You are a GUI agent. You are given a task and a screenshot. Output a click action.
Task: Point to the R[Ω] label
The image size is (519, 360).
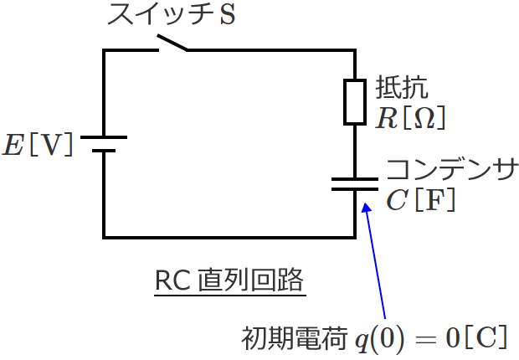point(409,119)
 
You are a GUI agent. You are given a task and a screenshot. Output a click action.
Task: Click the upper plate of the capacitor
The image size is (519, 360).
point(356,177)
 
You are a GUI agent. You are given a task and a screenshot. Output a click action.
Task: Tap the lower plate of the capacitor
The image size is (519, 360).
point(356,189)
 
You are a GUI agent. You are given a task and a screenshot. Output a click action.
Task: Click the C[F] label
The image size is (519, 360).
point(420,200)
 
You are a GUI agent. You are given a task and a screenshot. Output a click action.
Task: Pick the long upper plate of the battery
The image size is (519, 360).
point(104,136)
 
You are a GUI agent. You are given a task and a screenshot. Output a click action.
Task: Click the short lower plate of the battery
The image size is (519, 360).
point(104,152)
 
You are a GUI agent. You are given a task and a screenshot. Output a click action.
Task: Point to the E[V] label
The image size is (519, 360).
point(39,144)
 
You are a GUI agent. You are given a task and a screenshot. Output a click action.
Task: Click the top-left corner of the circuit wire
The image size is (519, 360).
point(104,50)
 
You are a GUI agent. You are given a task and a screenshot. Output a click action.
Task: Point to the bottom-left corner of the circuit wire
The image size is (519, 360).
point(104,236)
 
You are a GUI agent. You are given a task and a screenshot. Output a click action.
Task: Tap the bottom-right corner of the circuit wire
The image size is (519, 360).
point(356,236)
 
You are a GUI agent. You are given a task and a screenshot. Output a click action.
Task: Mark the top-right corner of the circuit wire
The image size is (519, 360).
point(356,50)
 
